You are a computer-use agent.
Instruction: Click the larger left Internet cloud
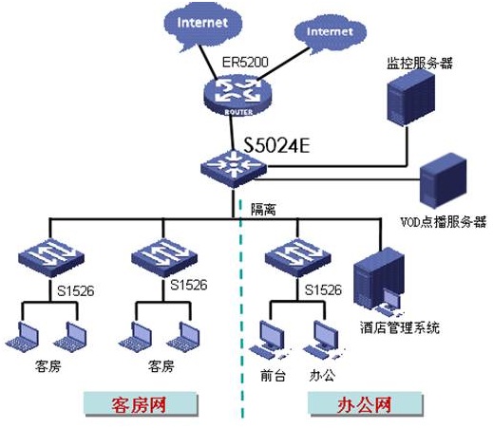(x=203, y=26)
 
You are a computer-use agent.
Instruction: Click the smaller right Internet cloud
(x=331, y=33)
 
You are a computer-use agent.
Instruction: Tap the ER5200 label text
(x=245, y=62)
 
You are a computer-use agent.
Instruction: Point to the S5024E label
(x=276, y=145)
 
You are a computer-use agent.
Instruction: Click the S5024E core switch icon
(x=234, y=169)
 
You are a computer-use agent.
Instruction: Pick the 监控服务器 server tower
(x=411, y=98)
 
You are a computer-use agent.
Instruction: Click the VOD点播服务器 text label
(x=444, y=221)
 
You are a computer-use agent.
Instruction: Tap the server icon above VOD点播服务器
(x=443, y=180)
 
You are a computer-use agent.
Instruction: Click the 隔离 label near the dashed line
(x=263, y=209)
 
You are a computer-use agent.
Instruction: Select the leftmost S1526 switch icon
(x=50, y=258)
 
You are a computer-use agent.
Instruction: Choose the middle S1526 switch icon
(x=164, y=258)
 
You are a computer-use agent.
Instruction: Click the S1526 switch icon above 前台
(x=297, y=258)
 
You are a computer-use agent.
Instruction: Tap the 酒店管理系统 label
(x=400, y=327)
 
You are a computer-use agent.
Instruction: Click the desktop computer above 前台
(x=270, y=340)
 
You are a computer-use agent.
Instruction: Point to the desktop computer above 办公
(x=324, y=340)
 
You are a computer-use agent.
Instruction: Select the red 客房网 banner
(x=141, y=404)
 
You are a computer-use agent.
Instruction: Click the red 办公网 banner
(x=365, y=404)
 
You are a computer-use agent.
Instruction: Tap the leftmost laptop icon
(x=23, y=337)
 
